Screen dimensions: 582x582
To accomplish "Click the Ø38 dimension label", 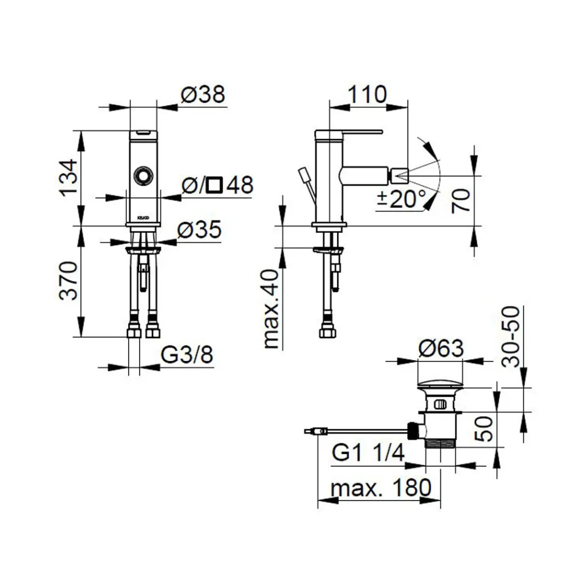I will point(203,95).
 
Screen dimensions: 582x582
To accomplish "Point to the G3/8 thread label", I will point(187,355).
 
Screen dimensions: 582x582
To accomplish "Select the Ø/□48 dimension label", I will point(218,185).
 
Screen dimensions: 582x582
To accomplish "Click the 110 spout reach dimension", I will point(368,95).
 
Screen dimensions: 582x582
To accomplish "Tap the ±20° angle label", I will point(401,198).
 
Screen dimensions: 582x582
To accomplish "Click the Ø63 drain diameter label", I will point(441,349).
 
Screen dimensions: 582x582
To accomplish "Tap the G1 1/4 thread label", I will point(368,453).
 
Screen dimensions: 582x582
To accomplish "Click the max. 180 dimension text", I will point(381,488).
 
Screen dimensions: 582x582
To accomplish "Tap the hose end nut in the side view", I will point(327,333).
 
